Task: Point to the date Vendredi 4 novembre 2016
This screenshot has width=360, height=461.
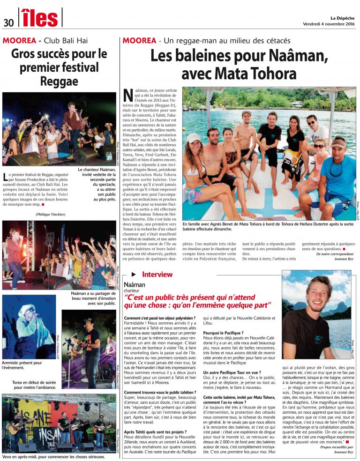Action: (x=329, y=24)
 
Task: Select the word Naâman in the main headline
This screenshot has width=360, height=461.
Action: (x=297, y=57)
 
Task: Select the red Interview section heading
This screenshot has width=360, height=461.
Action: (x=157, y=275)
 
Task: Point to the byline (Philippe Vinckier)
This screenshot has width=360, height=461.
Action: (x=50, y=214)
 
